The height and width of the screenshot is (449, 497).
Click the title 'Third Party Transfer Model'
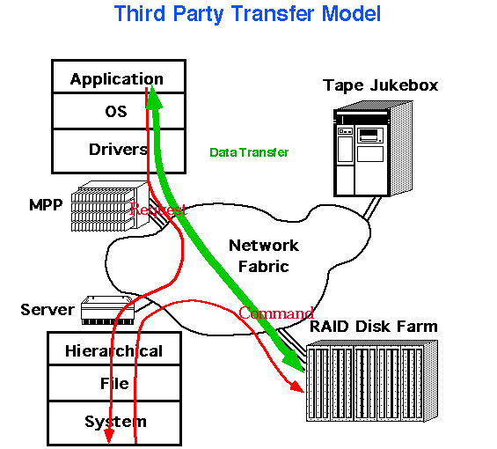point(247,14)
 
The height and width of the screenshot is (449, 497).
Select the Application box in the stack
point(119,77)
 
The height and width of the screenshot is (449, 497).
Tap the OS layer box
point(119,111)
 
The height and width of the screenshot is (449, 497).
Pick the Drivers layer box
point(119,151)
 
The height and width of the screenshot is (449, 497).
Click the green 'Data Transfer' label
point(249,152)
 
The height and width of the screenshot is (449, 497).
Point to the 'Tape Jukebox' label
point(380,85)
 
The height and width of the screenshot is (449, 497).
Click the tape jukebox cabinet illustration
point(373,149)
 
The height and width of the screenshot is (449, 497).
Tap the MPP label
point(46,205)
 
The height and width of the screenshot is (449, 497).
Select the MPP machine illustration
point(110,206)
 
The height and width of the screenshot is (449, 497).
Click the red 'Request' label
point(157,210)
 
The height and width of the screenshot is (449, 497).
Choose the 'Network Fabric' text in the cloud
point(264,256)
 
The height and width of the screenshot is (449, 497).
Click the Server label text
point(48,310)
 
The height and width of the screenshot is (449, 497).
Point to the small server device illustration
point(107,310)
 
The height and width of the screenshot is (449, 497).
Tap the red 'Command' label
point(275,313)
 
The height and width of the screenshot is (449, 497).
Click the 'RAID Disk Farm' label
point(374,327)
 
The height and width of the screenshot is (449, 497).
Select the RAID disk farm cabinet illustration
point(372,381)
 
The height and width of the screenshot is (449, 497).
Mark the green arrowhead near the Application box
point(154,97)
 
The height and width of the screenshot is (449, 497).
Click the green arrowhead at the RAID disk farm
point(293,359)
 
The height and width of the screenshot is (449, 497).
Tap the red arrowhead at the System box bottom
point(109,438)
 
